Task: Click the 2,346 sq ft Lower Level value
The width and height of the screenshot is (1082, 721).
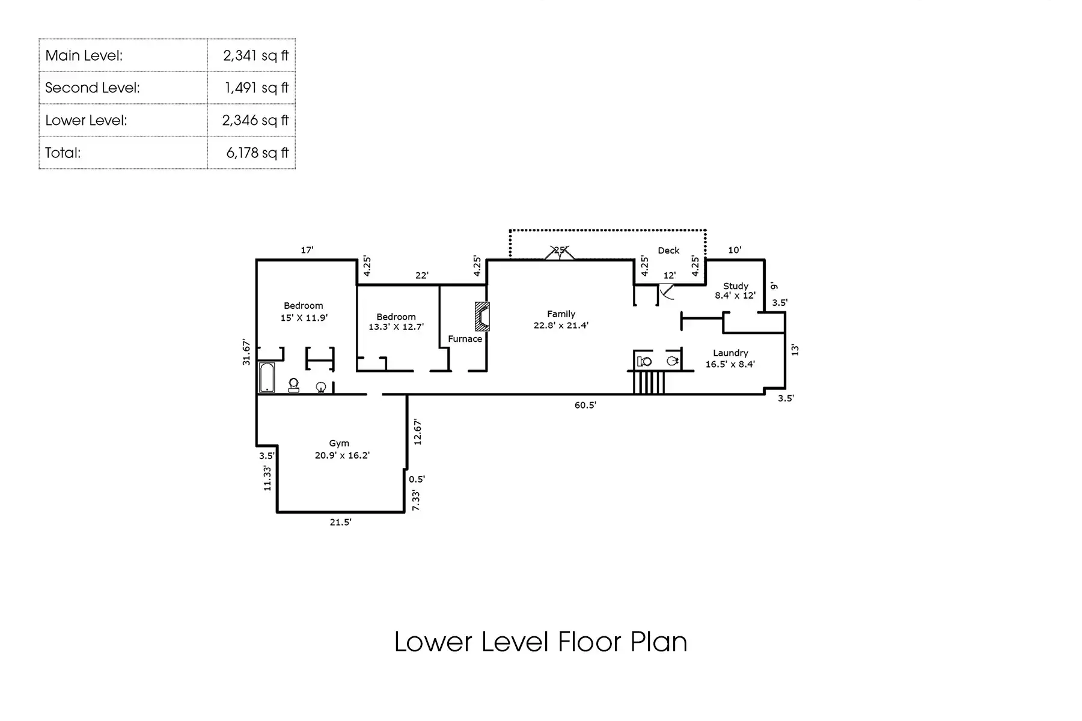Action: coord(255,120)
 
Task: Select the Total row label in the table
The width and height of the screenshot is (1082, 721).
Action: coord(63,153)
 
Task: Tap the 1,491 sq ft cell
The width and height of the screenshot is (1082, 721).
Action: coord(257,88)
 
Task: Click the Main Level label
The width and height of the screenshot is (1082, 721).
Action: coord(84,55)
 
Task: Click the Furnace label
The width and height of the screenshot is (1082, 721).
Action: coord(465,339)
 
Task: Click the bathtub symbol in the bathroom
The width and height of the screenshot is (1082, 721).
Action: coord(267,377)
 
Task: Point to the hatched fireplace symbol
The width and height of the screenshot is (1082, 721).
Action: coord(482,317)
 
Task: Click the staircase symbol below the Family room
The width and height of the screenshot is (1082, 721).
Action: coord(649,382)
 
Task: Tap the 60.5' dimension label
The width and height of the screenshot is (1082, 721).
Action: coord(585,406)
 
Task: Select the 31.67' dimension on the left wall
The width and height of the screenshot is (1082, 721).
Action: coord(246,352)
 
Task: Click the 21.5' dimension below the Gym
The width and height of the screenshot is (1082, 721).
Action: coord(340,522)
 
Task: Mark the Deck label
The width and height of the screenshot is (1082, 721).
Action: coord(668,251)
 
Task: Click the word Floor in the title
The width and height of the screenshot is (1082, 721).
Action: coord(589,642)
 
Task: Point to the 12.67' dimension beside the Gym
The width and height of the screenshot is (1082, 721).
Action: coord(418,431)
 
